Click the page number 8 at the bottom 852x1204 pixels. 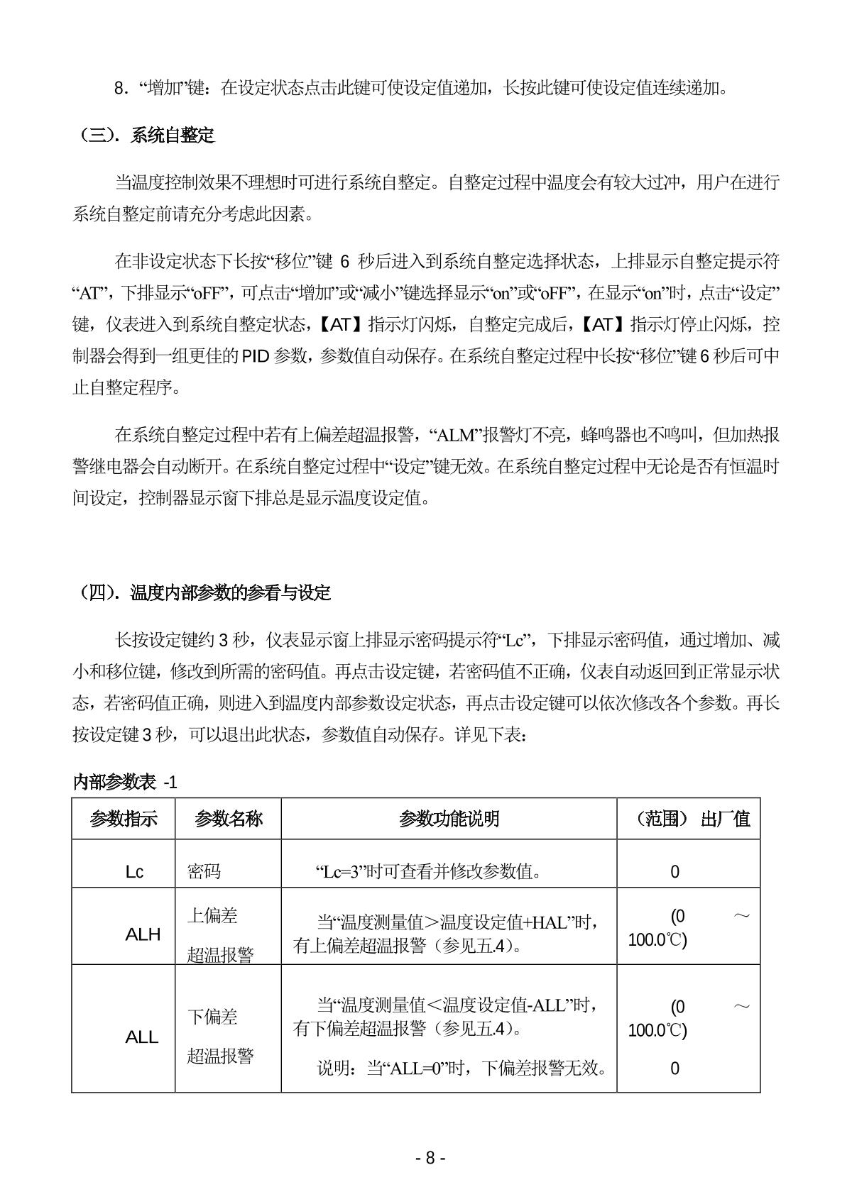pyautogui.click(x=430, y=1158)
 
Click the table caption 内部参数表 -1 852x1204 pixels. pyautogui.click(x=125, y=783)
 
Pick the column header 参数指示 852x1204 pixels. pyautogui.click(x=123, y=819)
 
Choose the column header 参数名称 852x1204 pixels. pyautogui.click(x=228, y=819)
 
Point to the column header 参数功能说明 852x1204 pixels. pyautogui.click(x=449, y=819)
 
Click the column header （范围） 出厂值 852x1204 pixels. pyautogui.click(x=688, y=819)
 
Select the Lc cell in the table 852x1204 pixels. pyautogui.click(x=134, y=872)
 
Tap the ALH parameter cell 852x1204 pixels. pyautogui.click(x=143, y=934)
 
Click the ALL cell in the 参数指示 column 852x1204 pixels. pyautogui.click(x=141, y=1037)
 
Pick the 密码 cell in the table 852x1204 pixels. pyautogui.click(x=204, y=871)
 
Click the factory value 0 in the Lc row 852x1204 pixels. pyautogui.click(x=674, y=872)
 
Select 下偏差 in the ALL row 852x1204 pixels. pyautogui.click(x=212, y=1017)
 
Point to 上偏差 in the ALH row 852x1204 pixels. pyautogui.click(x=212, y=916)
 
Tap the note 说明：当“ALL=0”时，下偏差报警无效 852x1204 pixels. pyautogui.click(x=462, y=1068)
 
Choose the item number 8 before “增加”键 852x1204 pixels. pyautogui.click(x=119, y=89)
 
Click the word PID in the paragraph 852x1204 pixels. pyautogui.click(x=255, y=356)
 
